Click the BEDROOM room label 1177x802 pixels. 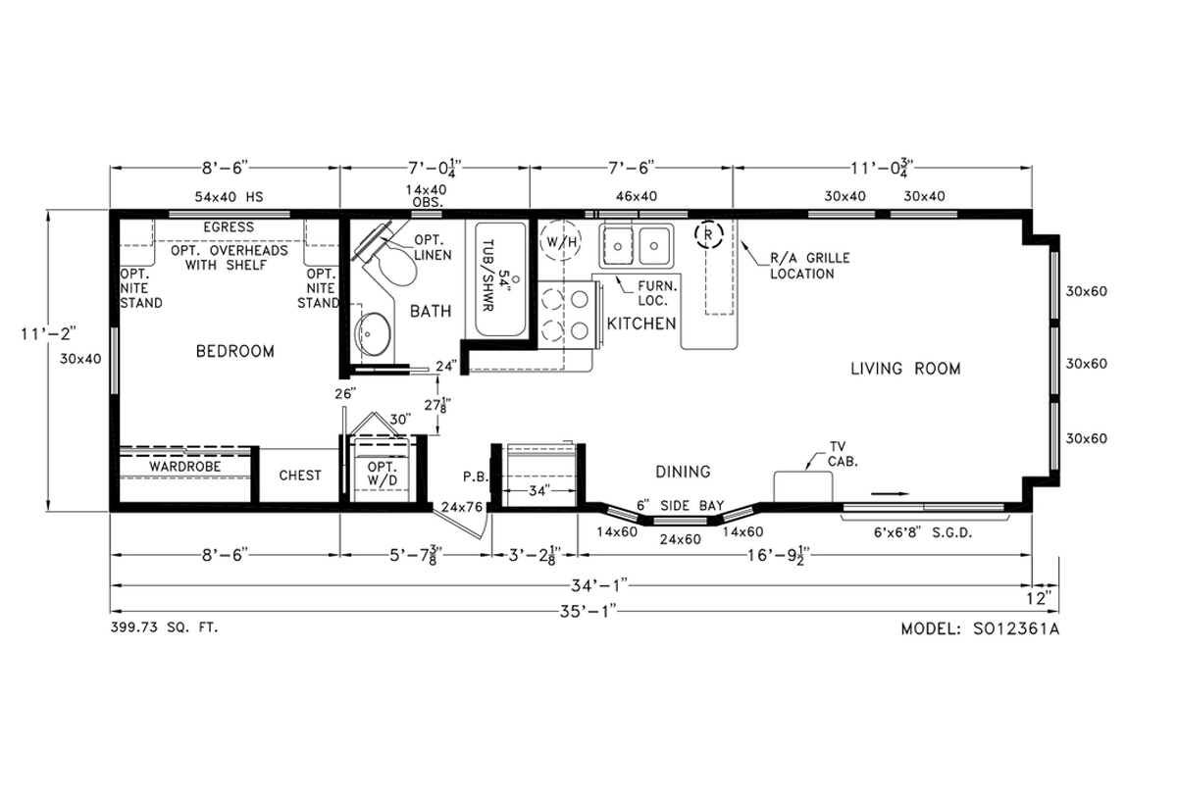pos(234,351)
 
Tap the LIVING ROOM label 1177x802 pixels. pos(905,369)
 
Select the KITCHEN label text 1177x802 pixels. pos(641,324)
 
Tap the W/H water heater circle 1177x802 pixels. pos(560,241)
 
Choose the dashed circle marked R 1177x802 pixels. pos(708,235)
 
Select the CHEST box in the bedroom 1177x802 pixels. pos(300,476)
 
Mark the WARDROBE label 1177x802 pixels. pos(184,467)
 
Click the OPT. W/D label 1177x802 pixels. pos(381,474)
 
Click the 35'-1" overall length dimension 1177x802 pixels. pos(588,609)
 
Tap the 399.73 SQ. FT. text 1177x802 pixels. pos(165,627)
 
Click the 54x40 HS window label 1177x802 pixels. pos(229,196)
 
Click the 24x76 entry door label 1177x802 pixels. pos(460,507)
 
